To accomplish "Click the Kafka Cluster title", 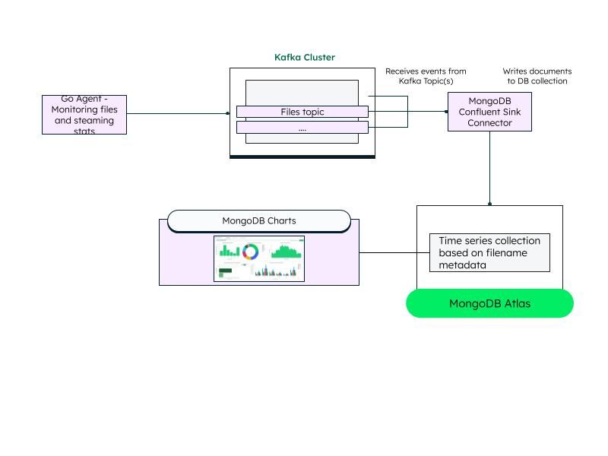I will point(304,58).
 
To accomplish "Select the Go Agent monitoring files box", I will point(84,114).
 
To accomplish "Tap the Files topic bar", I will point(302,112).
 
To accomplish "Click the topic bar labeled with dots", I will point(302,128).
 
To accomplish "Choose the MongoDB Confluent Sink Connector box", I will point(489,112).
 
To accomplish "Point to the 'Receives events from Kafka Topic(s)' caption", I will point(426,76).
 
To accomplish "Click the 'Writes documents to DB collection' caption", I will point(537,76).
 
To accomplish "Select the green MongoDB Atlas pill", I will point(489,303).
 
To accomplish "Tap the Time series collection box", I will point(489,253).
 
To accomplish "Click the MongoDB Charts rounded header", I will point(258,221).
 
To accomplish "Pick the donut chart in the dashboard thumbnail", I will point(250,252).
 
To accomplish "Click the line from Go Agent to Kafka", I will point(176,113).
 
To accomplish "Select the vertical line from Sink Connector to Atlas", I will point(489,167).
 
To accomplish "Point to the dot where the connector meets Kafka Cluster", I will point(227,113).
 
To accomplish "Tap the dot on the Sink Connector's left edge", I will point(447,111).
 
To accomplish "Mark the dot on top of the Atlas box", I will point(489,204).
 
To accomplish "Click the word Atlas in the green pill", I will point(515,303).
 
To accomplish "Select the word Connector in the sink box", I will point(489,122).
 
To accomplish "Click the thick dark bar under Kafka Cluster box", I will point(302,157).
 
